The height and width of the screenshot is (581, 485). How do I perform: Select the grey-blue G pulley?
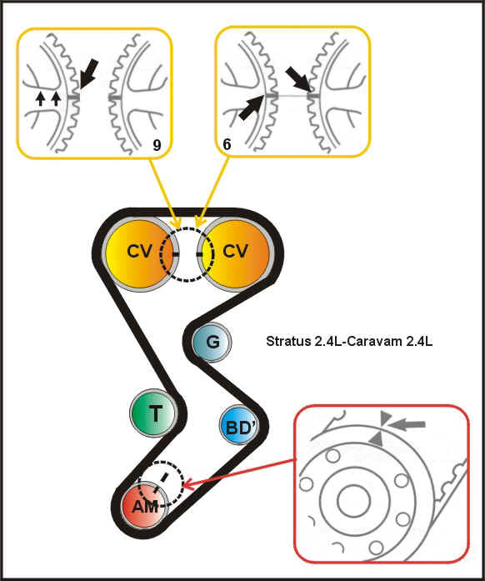pyautogui.click(x=212, y=342)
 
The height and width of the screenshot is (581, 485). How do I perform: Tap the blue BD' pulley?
pyautogui.click(x=239, y=425)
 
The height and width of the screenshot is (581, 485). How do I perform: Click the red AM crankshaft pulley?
pyautogui.click(x=146, y=504)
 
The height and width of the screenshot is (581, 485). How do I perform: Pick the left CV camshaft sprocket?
pyautogui.click(x=141, y=253)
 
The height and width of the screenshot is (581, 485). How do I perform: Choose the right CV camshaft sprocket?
pyautogui.click(x=235, y=253)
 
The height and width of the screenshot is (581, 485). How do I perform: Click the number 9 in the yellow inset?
pyautogui.click(x=157, y=145)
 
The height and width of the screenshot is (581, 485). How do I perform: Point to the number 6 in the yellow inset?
pyautogui.click(x=227, y=144)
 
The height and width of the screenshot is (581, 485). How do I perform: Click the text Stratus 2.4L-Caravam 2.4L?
pyautogui.click(x=349, y=341)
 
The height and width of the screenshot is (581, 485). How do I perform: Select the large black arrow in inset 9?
pyautogui.click(x=89, y=73)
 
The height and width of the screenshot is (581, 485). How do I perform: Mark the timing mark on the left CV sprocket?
pyautogui.click(x=176, y=254)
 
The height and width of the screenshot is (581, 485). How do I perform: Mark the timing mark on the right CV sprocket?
pyautogui.click(x=199, y=254)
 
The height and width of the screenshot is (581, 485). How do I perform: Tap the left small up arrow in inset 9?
pyautogui.click(x=41, y=99)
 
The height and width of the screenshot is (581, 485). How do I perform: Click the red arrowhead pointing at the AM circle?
pyautogui.click(x=189, y=484)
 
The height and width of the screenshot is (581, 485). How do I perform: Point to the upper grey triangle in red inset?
pyautogui.click(x=386, y=418)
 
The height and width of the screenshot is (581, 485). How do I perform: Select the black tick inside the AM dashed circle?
pyautogui.click(x=164, y=478)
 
